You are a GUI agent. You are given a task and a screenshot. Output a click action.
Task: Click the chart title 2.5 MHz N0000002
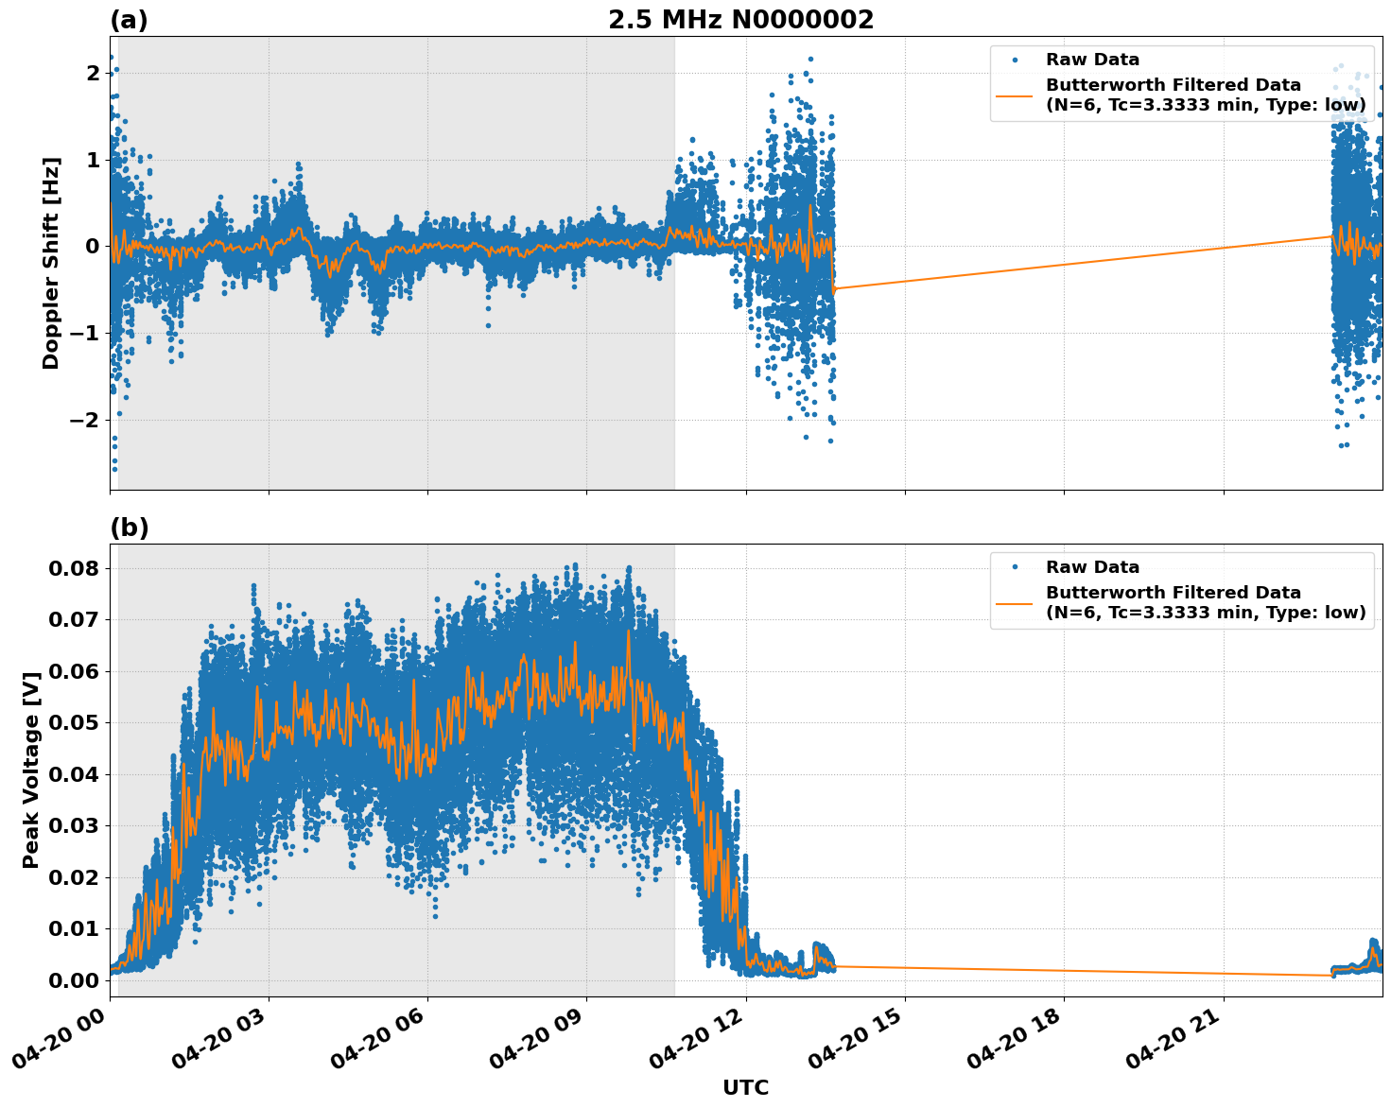click(x=740, y=20)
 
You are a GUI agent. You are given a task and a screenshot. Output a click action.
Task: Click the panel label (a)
click(x=129, y=20)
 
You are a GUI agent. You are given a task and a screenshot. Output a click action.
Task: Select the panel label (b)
click(x=129, y=528)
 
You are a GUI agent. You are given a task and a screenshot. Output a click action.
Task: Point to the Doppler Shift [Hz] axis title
click(x=51, y=263)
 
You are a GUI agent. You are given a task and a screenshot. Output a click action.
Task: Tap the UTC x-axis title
click(x=745, y=1087)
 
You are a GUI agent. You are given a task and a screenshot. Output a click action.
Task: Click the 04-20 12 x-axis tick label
click(x=701, y=1036)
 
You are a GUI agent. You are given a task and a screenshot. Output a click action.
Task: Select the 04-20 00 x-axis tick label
click(x=64, y=1036)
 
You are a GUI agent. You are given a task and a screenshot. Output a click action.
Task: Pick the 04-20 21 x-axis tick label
click(x=1178, y=1036)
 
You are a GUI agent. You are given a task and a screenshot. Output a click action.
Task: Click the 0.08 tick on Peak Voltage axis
click(x=74, y=568)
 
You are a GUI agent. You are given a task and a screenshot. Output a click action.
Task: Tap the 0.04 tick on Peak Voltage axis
click(x=74, y=774)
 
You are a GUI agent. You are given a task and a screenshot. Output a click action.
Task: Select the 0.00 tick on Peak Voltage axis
click(x=74, y=980)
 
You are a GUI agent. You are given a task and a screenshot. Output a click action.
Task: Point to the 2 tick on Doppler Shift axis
click(x=93, y=73)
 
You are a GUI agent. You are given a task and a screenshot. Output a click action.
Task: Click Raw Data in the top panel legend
click(x=1092, y=60)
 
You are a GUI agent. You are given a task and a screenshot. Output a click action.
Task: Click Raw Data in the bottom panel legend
click(x=1092, y=567)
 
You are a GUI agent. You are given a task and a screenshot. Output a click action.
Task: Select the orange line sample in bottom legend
click(x=1014, y=602)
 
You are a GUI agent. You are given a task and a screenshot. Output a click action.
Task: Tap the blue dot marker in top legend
click(x=1015, y=60)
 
